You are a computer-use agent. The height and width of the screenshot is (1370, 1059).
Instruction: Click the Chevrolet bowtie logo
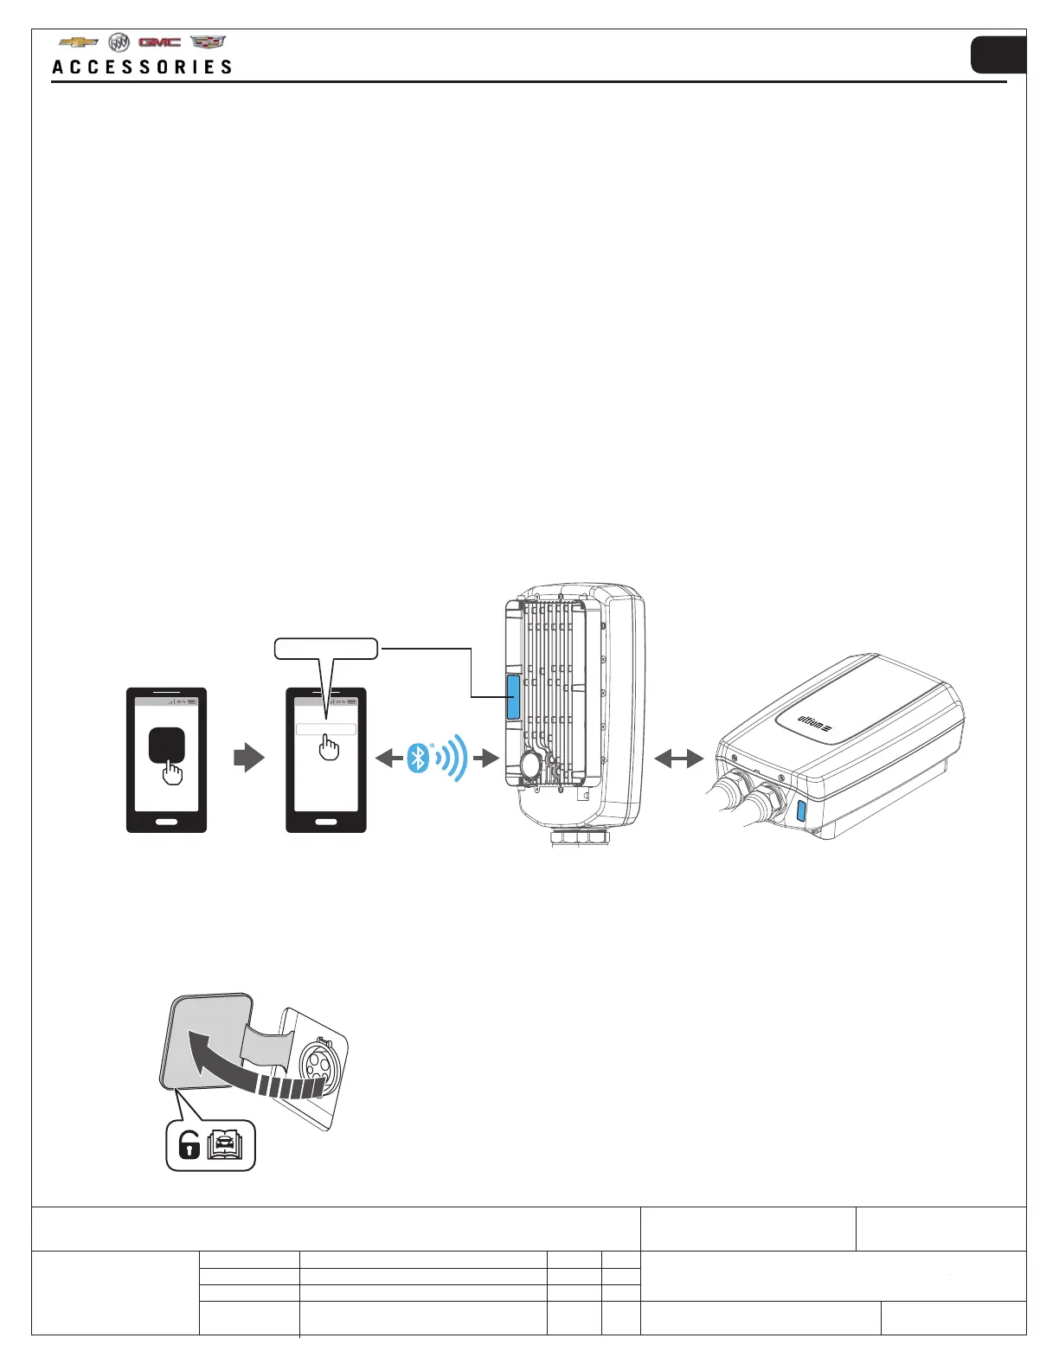pyautogui.click(x=79, y=42)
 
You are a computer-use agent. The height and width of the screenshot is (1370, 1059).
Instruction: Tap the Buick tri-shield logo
pyautogui.click(x=119, y=42)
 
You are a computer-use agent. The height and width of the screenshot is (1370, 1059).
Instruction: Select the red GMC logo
pyautogui.click(x=159, y=42)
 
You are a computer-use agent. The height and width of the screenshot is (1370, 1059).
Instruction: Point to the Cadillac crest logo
pyautogui.click(x=208, y=42)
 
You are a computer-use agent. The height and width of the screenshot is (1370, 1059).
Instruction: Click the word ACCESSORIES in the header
pyautogui.click(x=143, y=67)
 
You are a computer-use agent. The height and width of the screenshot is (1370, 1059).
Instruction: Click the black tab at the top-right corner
pyautogui.click(x=998, y=55)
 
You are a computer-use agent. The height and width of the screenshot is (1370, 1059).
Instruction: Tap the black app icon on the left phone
pyautogui.click(x=166, y=744)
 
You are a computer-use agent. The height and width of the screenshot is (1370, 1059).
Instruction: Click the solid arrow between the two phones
pyautogui.click(x=249, y=759)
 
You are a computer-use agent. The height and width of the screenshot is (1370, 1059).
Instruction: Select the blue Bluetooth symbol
pyautogui.click(x=419, y=759)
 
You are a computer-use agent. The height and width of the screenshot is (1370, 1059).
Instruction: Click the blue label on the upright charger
pyautogui.click(x=513, y=697)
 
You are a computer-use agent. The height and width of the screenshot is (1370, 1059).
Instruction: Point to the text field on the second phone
pyautogui.click(x=326, y=729)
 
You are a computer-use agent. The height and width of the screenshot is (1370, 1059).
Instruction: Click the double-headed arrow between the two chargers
pyautogui.click(x=679, y=759)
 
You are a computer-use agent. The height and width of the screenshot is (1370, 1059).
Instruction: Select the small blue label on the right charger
pyautogui.click(x=801, y=810)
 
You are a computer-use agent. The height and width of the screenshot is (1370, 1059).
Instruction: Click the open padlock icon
pyautogui.click(x=189, y=1146)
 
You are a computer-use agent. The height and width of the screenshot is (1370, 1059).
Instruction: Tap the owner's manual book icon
pyautogui.click(x=227, y=1145)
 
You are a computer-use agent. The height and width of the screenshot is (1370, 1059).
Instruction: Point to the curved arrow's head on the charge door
pyautogui.click(x=204, y=1047)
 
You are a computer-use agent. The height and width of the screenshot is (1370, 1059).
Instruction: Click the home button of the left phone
pyautogui.click(x=166, y=822)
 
